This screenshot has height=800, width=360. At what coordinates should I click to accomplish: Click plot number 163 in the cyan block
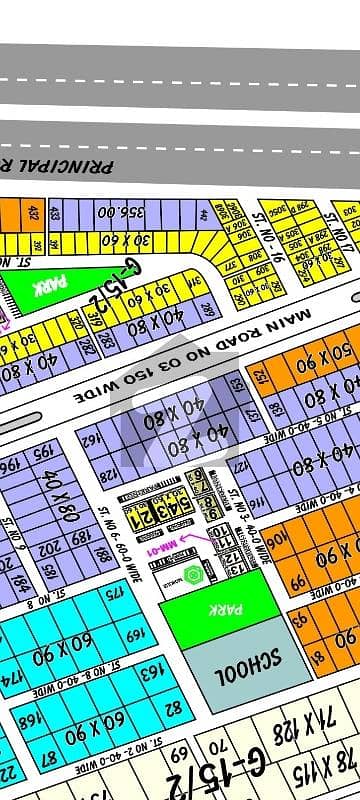click(x=147, y=674)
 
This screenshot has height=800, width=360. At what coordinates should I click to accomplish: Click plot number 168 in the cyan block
click(x=31, y=720)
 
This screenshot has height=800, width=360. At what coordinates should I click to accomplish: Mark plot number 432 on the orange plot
click(x=35, y=213)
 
